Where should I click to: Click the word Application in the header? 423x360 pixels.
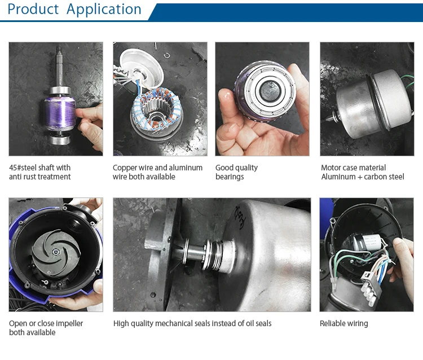[x=104, y=10]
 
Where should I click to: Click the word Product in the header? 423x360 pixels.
[x=33, y=9]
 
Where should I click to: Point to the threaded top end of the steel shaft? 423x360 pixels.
[x=59, y=50]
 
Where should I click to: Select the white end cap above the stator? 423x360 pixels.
[x=141, y=68]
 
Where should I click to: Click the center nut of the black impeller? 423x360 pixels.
[x=56, y=252]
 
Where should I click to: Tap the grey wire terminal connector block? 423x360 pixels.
[x=371, y=287]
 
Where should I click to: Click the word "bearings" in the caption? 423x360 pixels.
[x=230, y=177]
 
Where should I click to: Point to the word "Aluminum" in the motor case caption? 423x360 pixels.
[x=338, y=177]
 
